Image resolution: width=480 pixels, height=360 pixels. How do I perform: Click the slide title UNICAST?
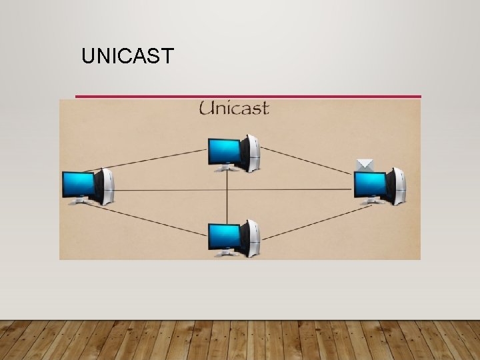(127, 56)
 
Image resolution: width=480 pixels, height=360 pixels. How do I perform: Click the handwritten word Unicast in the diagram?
(233, 108)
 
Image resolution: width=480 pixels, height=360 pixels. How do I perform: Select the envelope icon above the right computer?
(364, 165)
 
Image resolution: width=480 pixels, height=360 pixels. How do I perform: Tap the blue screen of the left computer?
(78, 184)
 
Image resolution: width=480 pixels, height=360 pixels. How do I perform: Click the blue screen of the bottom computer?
(223, 235)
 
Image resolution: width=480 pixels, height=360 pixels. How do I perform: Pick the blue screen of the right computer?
(369, 183)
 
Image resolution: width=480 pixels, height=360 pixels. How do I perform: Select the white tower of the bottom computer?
(252, 237)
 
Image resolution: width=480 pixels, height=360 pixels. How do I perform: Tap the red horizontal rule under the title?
(248, 97)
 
